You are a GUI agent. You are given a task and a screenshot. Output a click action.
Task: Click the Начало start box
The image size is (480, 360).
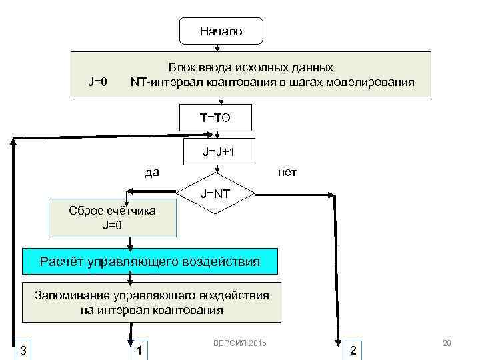pyautogui.click(x=221, y=31)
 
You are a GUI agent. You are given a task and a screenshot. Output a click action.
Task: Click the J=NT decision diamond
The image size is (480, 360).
pyautogui.click(x=216, y=194)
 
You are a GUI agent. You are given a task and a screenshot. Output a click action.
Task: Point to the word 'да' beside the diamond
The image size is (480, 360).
pyautogui.click(x=152, y=173)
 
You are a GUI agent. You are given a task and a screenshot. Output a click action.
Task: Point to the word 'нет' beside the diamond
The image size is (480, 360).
pyautogui.click(x=287, y=173)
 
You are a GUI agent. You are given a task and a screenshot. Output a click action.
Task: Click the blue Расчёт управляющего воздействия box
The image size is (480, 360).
pyautogui.click(x=150, y=261)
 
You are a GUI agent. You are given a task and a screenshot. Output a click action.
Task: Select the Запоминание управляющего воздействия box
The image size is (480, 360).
pyautogui.click(x=152, y=303)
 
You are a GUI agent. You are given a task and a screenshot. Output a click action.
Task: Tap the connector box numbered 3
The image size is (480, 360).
pyautogui.click(x=23, y=350)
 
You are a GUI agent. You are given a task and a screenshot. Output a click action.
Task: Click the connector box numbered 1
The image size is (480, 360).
pyautogui.click(x=139, y=350)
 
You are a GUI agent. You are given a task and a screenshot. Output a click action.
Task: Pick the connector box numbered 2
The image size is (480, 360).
pyautogui.click(x=353, y=350)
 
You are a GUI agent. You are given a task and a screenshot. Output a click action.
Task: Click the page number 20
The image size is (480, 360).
pyautogui.click(x=447, y=343)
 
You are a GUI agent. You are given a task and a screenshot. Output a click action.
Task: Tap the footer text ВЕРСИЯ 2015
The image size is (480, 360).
pyautogui.click(x=239, y=343)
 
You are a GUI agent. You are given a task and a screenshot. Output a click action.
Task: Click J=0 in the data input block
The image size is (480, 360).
pyautogui.click(x=98, y=83)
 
